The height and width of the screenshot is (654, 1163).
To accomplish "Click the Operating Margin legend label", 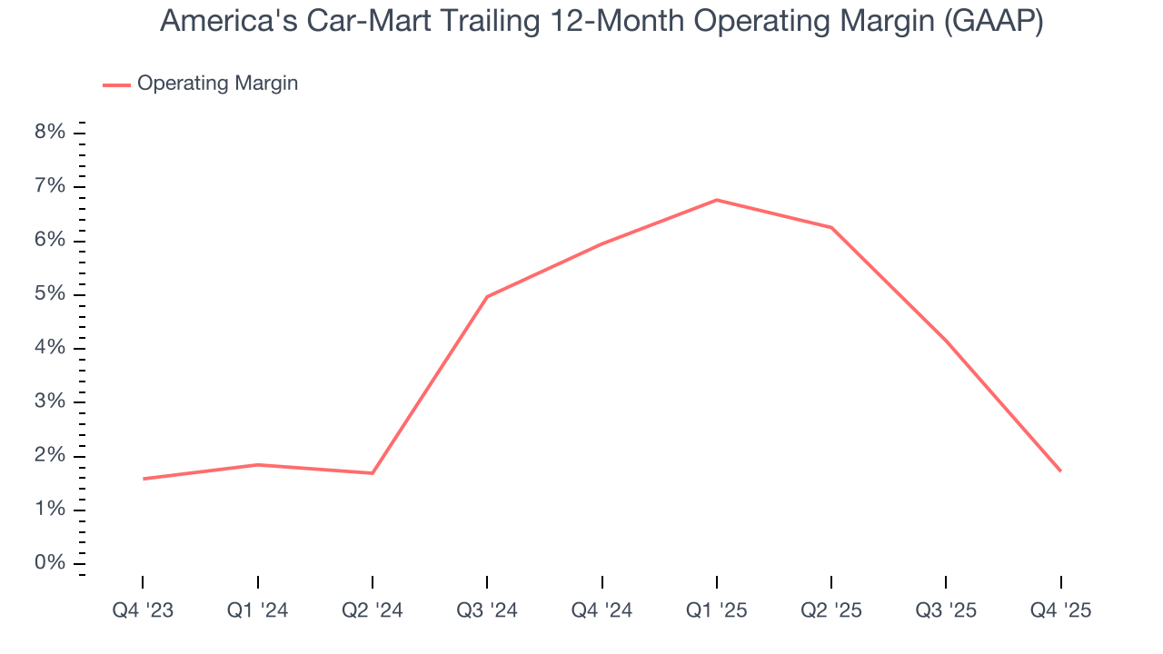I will [x=217, y=84].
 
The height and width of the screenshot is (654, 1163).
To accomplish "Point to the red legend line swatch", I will [x=116, y=84].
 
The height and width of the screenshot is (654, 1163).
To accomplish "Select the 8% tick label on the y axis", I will [x=50, y=133].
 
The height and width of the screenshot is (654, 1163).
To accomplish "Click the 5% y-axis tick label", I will [x=50, y=294].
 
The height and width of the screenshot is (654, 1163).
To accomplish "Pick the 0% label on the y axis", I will [x=50, y=563].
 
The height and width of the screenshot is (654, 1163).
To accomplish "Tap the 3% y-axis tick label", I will [x=50, y=401].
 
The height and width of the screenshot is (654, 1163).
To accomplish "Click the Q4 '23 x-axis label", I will [x=143, y=610].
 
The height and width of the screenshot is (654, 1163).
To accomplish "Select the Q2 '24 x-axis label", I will [x=373, y=610].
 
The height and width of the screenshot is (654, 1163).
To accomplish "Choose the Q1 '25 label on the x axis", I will [x=717, y=610].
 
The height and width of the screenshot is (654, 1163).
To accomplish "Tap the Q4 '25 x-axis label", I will [x=1060, y=610].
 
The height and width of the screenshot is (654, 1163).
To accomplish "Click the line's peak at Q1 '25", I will [x=717, y=200].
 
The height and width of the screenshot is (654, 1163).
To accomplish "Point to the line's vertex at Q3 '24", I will [x=487, y=297].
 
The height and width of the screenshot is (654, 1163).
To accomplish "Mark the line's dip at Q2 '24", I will [x=373, y=473].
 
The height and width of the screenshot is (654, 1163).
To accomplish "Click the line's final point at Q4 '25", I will [x=1060, y=471].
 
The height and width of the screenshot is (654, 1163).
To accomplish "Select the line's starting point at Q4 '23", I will [x=143, y=479].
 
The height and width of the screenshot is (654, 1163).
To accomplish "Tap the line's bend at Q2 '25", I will [x=831, y=227].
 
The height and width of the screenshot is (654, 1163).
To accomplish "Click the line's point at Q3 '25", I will [x=946, y=341].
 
